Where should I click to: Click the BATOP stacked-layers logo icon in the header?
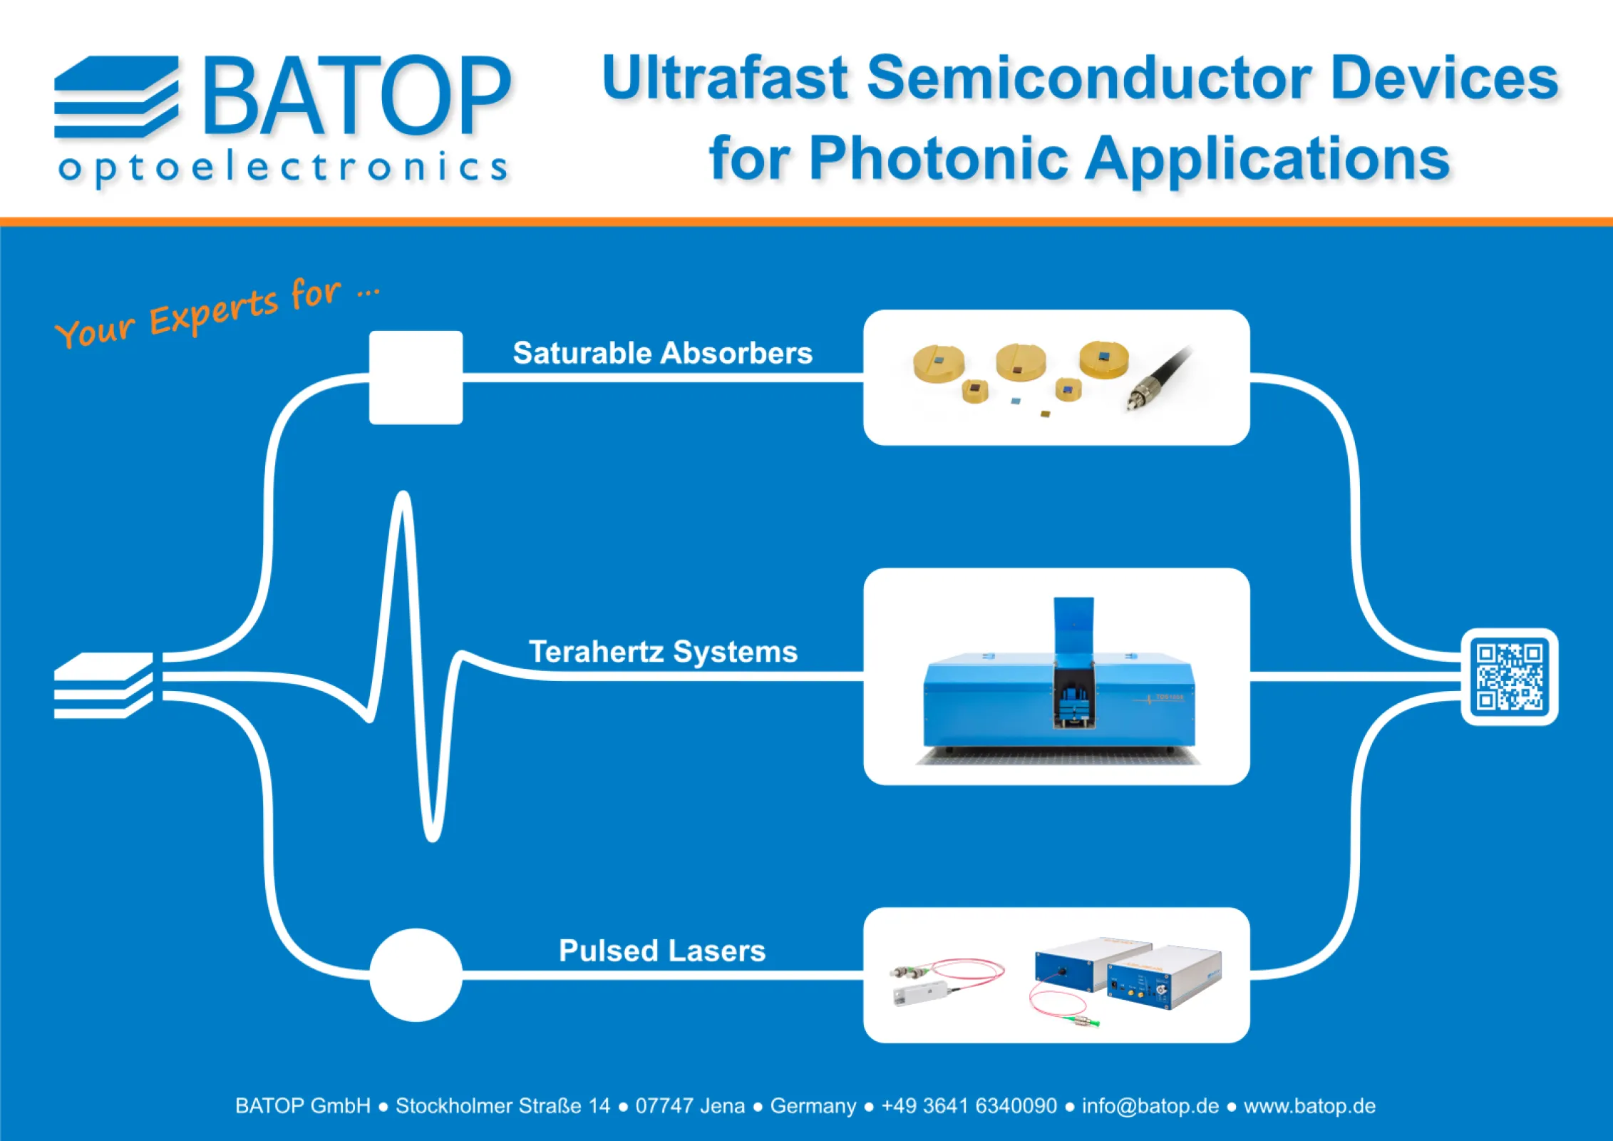[116, 97]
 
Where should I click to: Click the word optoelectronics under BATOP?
[283, 168]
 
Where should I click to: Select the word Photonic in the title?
[938, 159]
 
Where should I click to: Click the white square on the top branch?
[416, 377]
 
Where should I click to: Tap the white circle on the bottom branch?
[416, 975]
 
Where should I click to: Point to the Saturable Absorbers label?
[662, 353]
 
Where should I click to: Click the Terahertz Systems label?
[663, 652]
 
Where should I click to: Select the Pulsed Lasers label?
[662, 951]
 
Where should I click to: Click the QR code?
[1509, 677]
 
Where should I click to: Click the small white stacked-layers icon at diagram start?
[103, 685]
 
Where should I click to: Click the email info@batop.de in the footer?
[1150, 1106]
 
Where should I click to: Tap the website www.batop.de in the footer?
[1309, 1106]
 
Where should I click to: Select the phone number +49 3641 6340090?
[969, 1106]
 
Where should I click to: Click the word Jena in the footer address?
[722, 1106]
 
